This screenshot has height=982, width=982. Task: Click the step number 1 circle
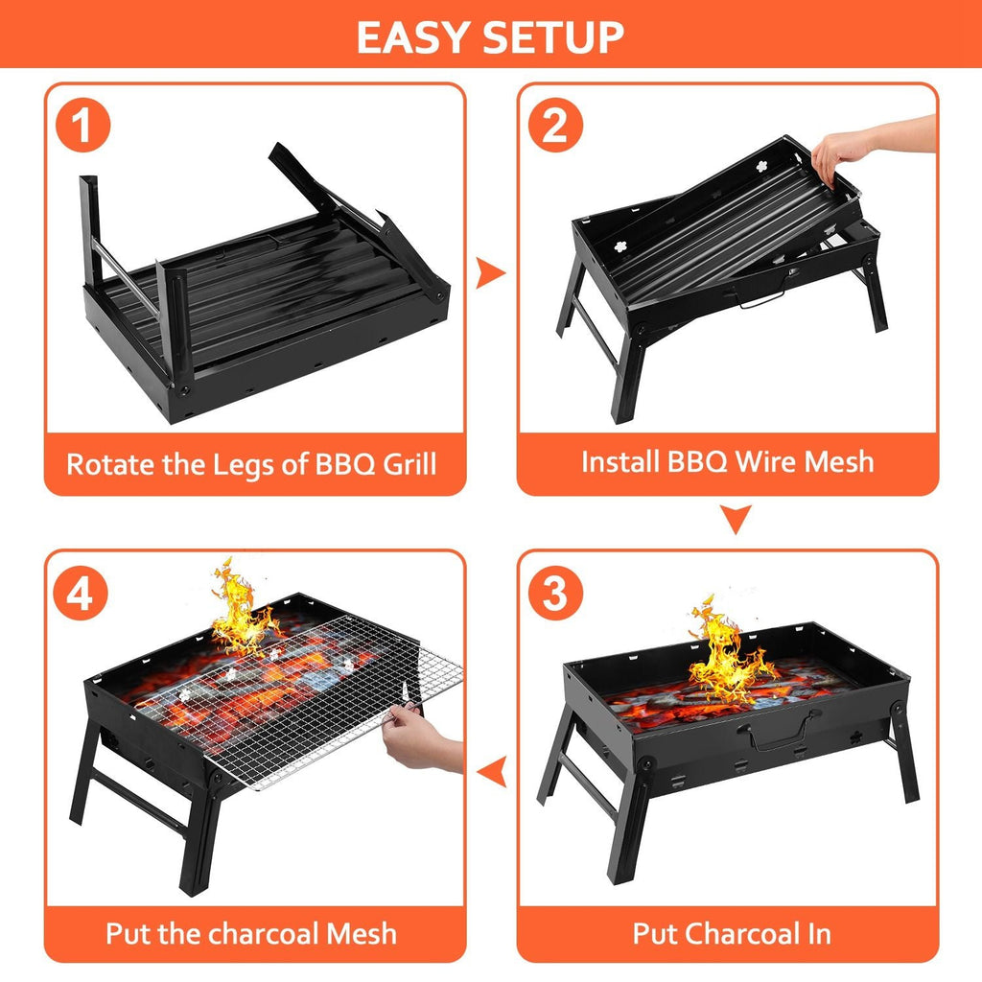(83, 128)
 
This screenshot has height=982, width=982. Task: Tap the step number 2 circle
(556, 128)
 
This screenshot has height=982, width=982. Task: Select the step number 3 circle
(556, 595)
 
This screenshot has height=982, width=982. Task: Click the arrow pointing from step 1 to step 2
(491, 273)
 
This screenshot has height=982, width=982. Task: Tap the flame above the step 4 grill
(240, 609)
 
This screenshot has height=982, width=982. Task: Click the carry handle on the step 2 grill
(762, 300)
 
